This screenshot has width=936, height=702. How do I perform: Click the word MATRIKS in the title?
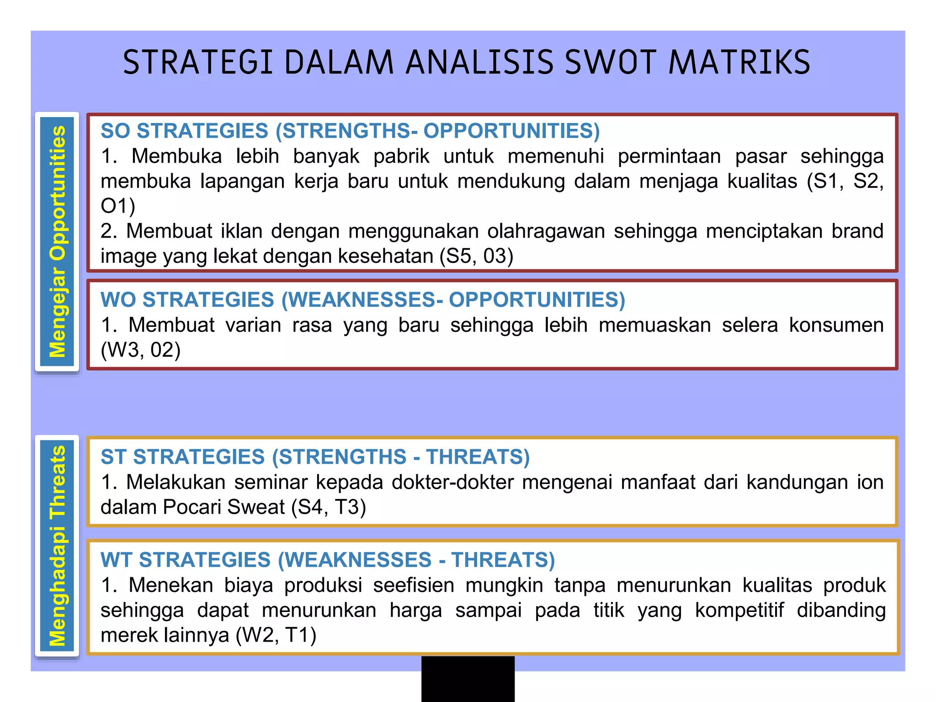point(739,63)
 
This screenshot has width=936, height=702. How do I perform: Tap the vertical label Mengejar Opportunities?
point(58,241)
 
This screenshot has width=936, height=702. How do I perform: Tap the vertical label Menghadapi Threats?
point(58,546)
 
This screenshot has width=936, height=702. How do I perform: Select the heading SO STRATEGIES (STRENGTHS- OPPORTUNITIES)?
point(350,131)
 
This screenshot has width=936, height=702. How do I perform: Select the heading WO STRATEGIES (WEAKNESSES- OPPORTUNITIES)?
point(362,300)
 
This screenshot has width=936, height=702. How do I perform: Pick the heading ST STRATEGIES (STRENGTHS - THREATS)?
point(315,457)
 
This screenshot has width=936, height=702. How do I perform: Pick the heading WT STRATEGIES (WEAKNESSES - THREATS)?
point(327,560)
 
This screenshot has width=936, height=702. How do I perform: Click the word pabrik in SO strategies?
point(401,156)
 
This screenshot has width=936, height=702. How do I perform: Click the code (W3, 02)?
point(141,350)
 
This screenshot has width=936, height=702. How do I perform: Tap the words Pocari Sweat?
point(224,507)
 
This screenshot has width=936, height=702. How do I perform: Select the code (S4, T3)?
point(329,507)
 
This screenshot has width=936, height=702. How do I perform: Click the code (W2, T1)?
point(276,635)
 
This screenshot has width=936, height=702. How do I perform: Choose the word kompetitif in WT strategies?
point(739,610)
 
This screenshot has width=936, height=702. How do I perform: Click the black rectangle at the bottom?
point(468,679)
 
